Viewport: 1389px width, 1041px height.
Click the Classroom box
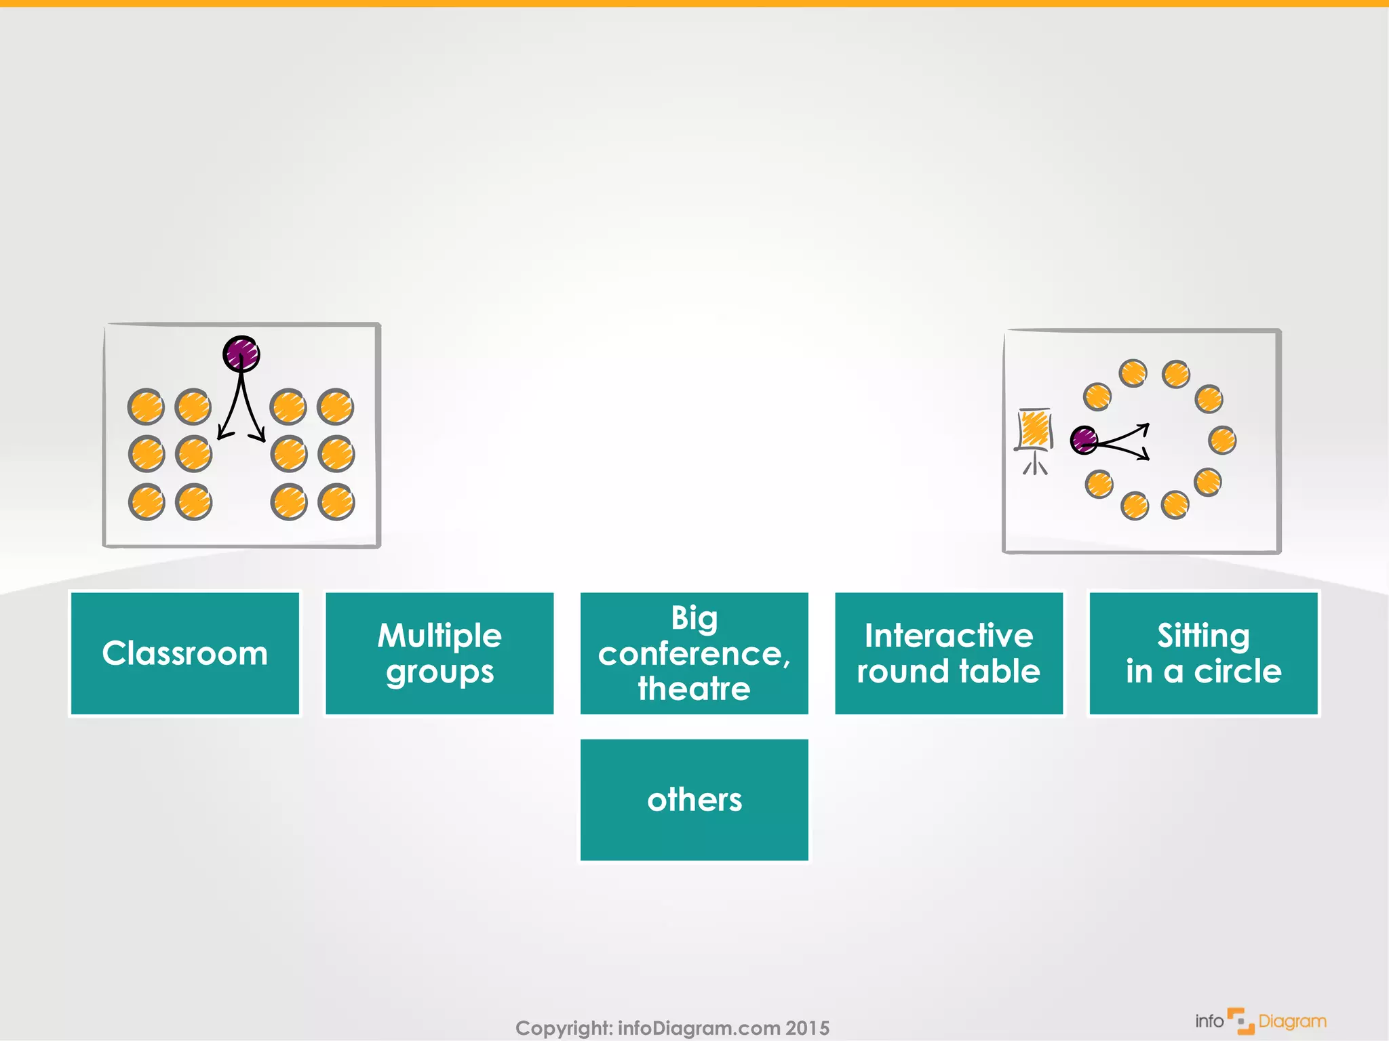[184, 653]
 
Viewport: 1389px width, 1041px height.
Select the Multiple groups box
[439, 653]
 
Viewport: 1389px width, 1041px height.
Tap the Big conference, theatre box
[694, 653]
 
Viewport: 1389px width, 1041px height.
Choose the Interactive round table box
[948, 653]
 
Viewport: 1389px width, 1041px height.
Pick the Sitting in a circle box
[1203, 653]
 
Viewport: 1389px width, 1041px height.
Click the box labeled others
[694, 800]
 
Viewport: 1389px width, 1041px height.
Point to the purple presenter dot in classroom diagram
[241, 354]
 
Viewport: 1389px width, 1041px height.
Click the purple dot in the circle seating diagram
[1084, 440]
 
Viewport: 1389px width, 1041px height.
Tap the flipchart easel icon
[1035, 439]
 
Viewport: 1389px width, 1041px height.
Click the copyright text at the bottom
[671, 1027]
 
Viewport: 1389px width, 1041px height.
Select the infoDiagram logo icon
[1240, 1021]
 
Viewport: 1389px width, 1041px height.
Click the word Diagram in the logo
[1292, 1021]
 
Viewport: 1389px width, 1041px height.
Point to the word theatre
[694, 689]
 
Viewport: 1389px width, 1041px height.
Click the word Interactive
[948, 636]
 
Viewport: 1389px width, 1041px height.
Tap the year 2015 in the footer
[807, 1027]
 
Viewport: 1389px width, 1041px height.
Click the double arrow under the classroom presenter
[241, 413]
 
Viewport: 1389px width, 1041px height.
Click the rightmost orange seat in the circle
[1222, 440]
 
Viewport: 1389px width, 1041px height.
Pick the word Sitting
[1203, 636]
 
